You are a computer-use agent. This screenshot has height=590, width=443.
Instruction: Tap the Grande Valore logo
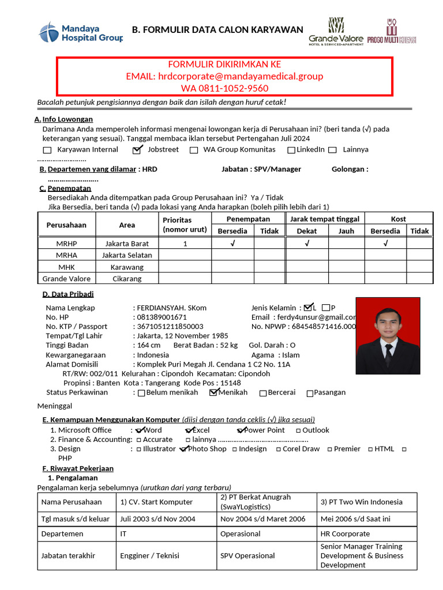pos(336,31)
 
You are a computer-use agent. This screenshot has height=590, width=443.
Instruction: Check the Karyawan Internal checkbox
pos(62,150)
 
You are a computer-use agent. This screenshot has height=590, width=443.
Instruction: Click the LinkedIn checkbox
pos(292,150)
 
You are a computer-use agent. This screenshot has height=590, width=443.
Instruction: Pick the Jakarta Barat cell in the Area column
pos(127,244)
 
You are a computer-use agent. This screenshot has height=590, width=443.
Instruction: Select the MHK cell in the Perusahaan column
pos(66,267)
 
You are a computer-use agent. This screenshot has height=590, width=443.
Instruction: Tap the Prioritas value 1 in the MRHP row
pos(185,244)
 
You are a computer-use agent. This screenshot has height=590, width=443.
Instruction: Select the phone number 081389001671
pos(162,317)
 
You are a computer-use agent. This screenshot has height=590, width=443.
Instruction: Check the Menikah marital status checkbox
pos(214,393)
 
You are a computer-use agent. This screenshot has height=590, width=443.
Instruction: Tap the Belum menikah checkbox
pos(142,393)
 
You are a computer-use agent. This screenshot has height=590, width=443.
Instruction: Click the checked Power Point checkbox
pos(242,430)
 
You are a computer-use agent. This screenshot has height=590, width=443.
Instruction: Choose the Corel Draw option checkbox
pos(279,449)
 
